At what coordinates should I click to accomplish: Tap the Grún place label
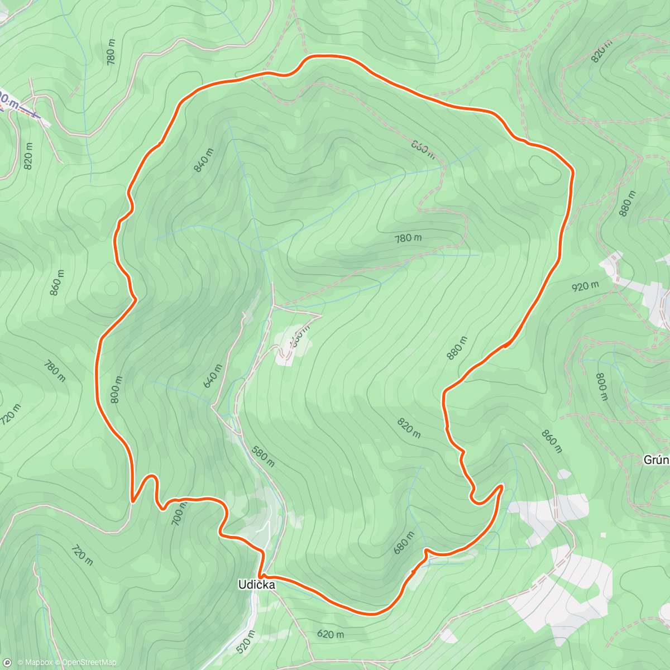(656, 460)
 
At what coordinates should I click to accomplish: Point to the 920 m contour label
(585, 286)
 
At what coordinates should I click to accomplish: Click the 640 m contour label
(213, 376)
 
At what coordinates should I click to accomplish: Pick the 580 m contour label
(262, 456)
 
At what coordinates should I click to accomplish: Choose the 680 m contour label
(404, 542)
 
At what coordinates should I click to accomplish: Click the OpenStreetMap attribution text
(89, 663)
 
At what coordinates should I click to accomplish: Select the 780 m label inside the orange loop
(408, 238)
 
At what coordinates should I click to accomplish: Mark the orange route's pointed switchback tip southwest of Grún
(502, 486)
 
